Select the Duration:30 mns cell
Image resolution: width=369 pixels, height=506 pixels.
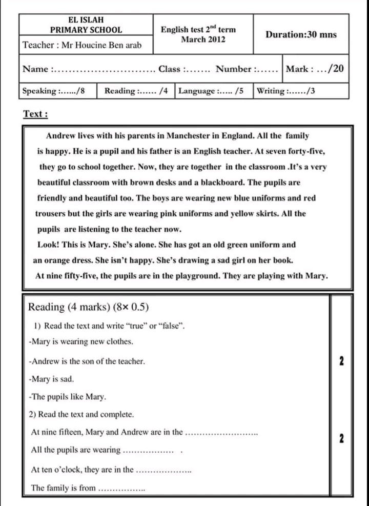[301, 34]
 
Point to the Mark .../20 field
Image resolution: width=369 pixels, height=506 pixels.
[314, 69]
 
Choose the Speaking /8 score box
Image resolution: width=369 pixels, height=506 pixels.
[57, 91]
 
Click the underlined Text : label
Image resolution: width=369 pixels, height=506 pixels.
[36, 114]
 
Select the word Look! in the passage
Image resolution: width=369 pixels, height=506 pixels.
[49, 245]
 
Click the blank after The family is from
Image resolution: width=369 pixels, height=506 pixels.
[121, 489]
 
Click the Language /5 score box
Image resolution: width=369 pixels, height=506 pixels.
[214, 91]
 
